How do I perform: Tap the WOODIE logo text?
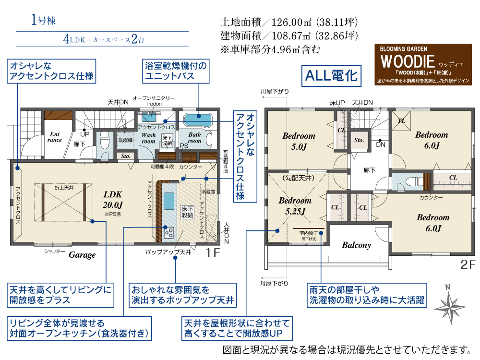(x=408, y=61)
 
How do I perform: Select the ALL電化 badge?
(x=330, y=76)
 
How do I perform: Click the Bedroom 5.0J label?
(x=299, y=141)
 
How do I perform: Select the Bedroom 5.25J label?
(x=294, y=205)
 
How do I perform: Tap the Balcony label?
(x=356, y=245)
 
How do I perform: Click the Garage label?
(x=82, y=255)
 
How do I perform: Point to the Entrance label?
(x=54, y=137)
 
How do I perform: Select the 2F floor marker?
(x=467, y=264)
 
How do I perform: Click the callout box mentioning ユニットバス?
(x=176, y=71)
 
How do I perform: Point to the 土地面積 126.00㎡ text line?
(x=289, y=23)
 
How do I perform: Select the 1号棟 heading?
(x=44, y=20)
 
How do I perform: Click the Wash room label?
(x=148, y=138)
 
